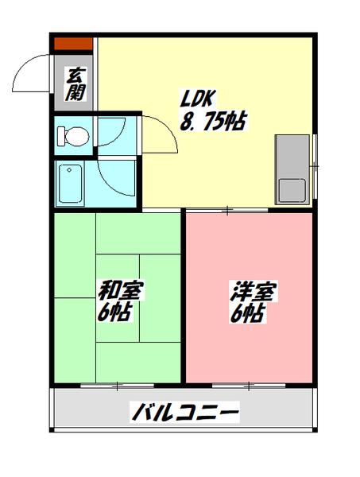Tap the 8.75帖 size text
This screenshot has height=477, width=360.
(x=212, y=122)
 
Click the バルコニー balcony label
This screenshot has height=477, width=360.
(x=184, y=413)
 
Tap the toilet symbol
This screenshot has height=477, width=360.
(x=74, y=136)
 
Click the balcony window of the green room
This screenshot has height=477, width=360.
(x=117, y=385)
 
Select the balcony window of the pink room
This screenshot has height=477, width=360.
(x=248, y=385)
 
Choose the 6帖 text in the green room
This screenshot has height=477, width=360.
(x=116, y=311)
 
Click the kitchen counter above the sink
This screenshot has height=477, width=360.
(x=292, y=156)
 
